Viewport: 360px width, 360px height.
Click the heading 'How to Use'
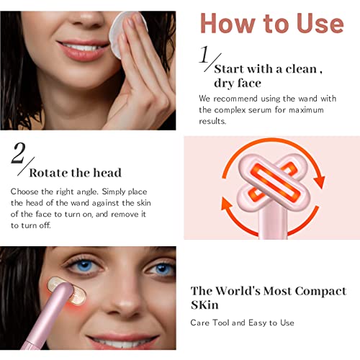(x=272, y=23)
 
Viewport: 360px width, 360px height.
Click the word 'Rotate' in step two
(x=48, y=173)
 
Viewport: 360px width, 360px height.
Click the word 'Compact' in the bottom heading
(x=320, y=292)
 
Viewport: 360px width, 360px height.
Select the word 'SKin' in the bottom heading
(x=204, y=305)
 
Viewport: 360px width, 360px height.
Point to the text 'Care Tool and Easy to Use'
(x=242, y=323)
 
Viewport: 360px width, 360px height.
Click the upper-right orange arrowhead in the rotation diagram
(x=319, y=182)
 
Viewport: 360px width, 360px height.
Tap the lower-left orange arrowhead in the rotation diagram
(x=227, y=203)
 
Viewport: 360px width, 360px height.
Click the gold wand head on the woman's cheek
(x=66, y=291)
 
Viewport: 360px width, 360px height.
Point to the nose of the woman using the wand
(x=125, y=300)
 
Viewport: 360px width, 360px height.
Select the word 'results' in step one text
(x=212, y=121)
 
